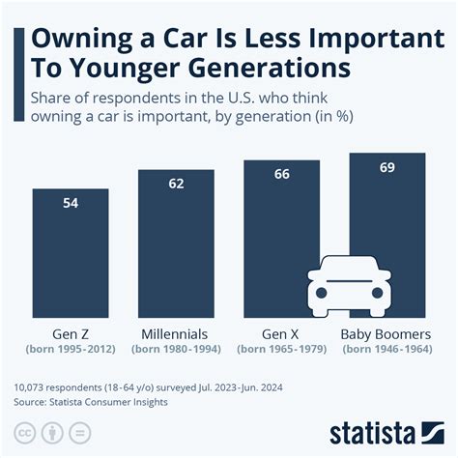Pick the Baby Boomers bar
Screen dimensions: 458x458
click(x=386, y=213)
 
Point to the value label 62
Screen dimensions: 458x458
click(x=176, y=183)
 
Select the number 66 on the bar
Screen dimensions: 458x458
click(x=281, y=174)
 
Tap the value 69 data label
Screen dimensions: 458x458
click(x=386, y=166)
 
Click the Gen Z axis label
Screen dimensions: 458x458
click(x=71, y=333)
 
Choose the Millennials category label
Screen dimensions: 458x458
click(x=176, y=333)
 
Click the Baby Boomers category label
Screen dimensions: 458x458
click(x=386, y=333)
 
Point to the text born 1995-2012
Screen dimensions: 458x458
click(x=71, y=349)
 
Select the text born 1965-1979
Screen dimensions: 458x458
click(x=281, y=349)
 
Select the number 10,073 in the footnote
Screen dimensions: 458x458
click(x=34, y=386)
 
